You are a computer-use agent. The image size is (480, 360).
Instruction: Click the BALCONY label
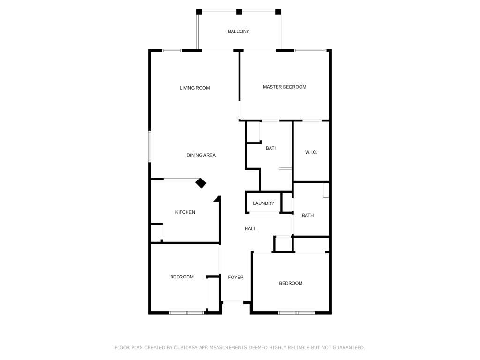click(x=239, y=31)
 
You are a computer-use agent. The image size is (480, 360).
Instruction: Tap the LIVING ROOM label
click(x=195, y=88)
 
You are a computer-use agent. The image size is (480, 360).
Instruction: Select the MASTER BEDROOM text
click(x=285, y=87)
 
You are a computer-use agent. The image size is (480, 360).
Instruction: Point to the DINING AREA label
click(x=201, y=155)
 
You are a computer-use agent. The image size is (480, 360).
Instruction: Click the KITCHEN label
click(x=185, y=212)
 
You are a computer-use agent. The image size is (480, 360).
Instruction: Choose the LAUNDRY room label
click(x=263, y=203)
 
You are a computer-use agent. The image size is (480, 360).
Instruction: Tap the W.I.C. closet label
click(x=311, y=152)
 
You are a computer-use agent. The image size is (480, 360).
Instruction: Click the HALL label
click(x=250, y=228)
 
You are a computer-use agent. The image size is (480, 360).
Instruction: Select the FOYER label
click(x=236, y=277)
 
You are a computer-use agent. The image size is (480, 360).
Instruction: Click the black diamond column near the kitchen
click(x=201, y=183)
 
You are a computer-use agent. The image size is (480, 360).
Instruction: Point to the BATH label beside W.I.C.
click(x=271, y=148)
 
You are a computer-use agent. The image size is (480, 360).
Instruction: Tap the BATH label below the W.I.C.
click(x=307, y=215)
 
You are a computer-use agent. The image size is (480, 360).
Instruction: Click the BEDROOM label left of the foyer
click(x=182, y=277)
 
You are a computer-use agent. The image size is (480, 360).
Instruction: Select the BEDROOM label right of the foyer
click(x=291, y=283)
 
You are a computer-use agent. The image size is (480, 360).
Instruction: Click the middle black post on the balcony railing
click(x=240, y=12)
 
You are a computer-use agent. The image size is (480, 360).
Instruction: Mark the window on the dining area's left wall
click(x=150, y=146)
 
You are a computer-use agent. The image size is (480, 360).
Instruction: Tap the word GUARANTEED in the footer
click(x=348, y=347)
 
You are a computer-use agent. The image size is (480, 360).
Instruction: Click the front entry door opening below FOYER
click(x=233, y=302)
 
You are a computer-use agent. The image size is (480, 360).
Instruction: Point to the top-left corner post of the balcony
click(x=199, y=12)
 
